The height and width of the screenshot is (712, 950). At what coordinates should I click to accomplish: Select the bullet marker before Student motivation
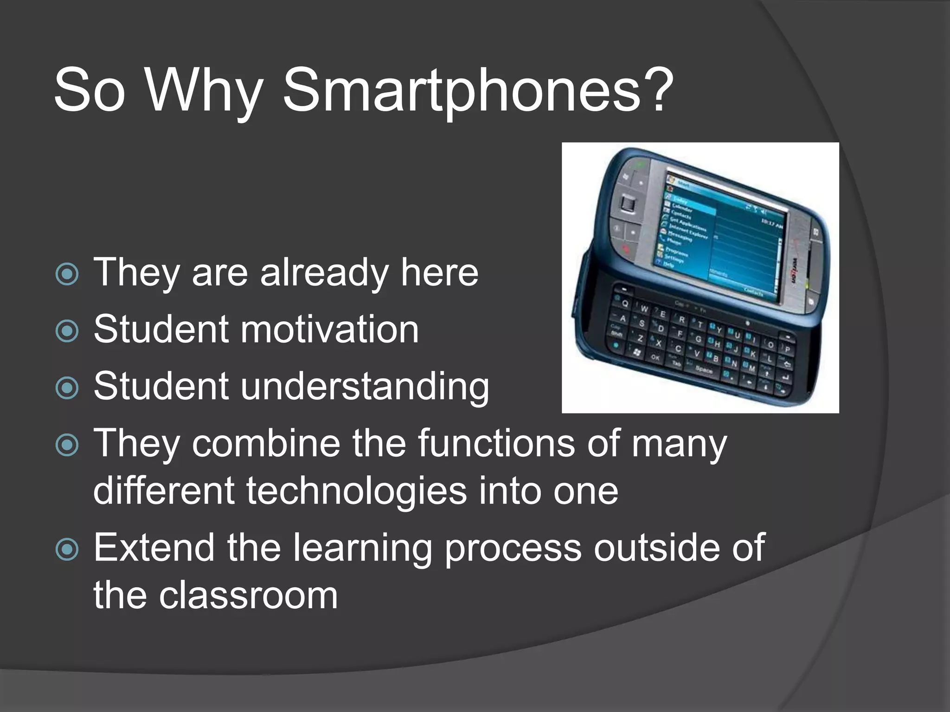pos(67,331)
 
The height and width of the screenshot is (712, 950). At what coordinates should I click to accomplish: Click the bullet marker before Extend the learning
pos(67,550)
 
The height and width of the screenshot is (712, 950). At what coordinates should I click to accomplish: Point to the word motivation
pos(329,329)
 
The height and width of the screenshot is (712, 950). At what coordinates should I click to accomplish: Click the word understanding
pos(364,387)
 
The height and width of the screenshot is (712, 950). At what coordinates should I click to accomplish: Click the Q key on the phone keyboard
pos(625,304)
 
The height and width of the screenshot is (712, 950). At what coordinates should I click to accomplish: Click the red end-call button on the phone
pos(626,249)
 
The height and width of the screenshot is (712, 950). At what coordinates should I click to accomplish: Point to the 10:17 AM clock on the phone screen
pos(771,224)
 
